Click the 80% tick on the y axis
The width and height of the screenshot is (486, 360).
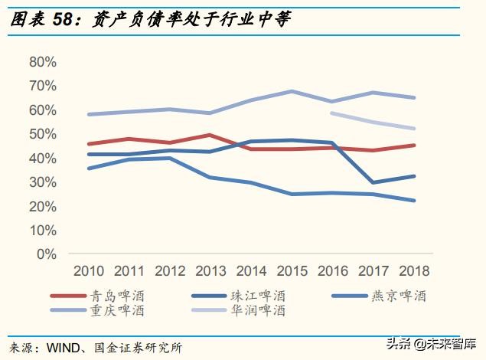point(43,62)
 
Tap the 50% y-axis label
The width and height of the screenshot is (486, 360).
point(43,134)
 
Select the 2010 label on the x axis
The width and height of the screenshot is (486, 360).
point(89,270)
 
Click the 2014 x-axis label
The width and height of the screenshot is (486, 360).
point(251,270)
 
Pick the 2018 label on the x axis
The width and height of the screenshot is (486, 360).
point(414,270)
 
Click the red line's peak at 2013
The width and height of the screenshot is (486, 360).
point(210,135)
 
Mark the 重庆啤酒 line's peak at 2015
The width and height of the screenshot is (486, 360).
point(292,91)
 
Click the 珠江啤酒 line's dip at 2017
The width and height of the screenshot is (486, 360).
point(373,182)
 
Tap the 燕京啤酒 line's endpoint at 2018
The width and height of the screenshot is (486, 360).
point(414,201)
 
